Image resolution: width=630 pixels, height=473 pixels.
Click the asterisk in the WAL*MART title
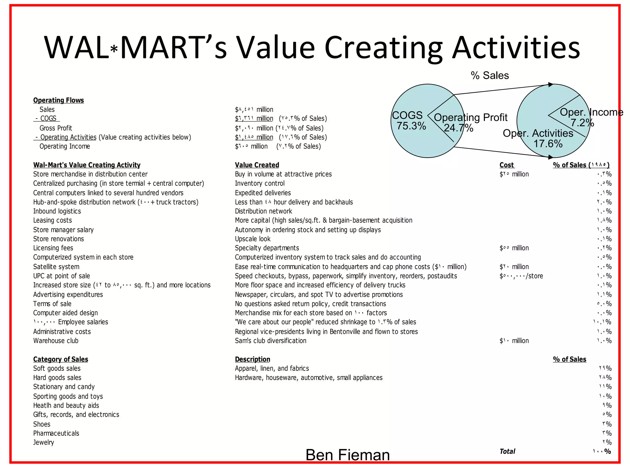pos(114,49)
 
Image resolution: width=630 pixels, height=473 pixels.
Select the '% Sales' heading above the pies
pos(490,75)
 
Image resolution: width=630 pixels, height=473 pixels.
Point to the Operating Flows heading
pos(58,100)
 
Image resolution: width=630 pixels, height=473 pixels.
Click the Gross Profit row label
pos(56,128)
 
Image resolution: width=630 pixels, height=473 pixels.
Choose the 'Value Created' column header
pos(257,165)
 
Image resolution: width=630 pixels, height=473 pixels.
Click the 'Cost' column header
pos(507,165)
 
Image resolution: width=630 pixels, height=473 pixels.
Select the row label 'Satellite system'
pos(56,267)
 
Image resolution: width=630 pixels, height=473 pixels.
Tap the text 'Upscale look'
pos(253,239)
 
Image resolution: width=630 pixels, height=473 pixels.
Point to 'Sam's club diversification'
pos(270,341)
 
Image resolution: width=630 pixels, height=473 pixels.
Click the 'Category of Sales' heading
pos(61,359)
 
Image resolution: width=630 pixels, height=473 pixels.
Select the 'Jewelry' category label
pos(43,443)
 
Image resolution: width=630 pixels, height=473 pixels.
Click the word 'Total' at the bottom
pos(507,451)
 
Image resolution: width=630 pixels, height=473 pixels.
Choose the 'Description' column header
pos(252,359)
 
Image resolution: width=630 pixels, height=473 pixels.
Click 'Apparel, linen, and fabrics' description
pos(272,369)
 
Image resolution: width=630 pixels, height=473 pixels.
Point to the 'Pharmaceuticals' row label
pos(56,433)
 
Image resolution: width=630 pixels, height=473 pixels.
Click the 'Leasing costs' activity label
pos(52,220)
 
